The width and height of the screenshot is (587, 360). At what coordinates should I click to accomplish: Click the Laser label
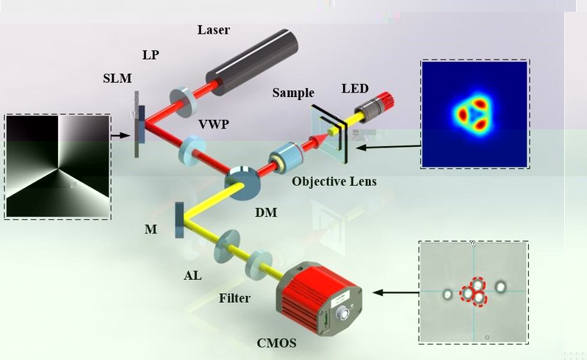pos(214,30)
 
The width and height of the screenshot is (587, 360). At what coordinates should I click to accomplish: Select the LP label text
pos(151,56)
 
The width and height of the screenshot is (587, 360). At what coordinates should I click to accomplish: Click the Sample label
pos(293,93)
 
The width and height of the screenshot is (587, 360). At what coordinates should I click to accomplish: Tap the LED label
pos(356,89)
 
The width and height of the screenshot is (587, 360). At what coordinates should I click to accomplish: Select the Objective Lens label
pos(334,181)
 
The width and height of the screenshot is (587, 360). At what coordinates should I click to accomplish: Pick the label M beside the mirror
pos(150,230)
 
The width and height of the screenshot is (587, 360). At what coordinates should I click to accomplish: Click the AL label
pos(193,276)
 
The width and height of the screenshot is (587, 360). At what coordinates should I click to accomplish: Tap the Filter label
pos(235,299)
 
